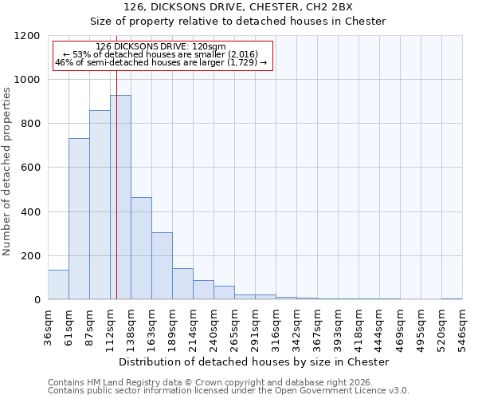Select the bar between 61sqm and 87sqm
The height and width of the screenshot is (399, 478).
point(79,219)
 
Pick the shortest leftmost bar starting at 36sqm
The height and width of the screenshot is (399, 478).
point(58,285)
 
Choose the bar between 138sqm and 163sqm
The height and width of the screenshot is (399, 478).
point(141,248)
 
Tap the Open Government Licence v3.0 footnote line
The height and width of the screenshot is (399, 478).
point(229,390)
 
